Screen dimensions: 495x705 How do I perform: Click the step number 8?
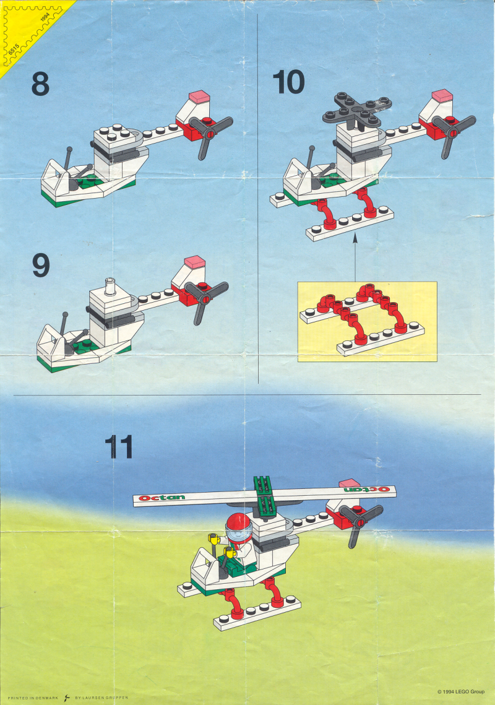pyautogui.click(x=40, y=84)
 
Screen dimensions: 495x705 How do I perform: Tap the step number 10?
pyautogui.click(x=288, y=82)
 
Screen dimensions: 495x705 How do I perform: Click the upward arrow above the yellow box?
pyautogui.click(x=355, y=257)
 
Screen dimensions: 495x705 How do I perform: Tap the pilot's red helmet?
pyautogui.click(x=238, y=523)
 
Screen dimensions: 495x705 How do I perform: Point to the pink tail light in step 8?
pyautogui.click(x=199, y=96)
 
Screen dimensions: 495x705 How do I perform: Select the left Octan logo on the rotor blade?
pyautogui.click(x=161, y=497)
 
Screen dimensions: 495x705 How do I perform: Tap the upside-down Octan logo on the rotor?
pyautogui.click(x=367, y=489)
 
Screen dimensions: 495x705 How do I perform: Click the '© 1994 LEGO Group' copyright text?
pyautogui.click(x=461, y=691)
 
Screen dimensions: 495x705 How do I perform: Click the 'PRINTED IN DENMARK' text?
pyautogui.click(x=33, y=698)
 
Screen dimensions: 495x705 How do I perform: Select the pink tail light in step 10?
pyautogui.click(x=442, y=95)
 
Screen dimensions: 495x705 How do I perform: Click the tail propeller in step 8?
pyautogui.click(x=210, y=135)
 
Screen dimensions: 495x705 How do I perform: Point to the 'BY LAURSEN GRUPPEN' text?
pyautogui.click(x=101, y=698)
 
